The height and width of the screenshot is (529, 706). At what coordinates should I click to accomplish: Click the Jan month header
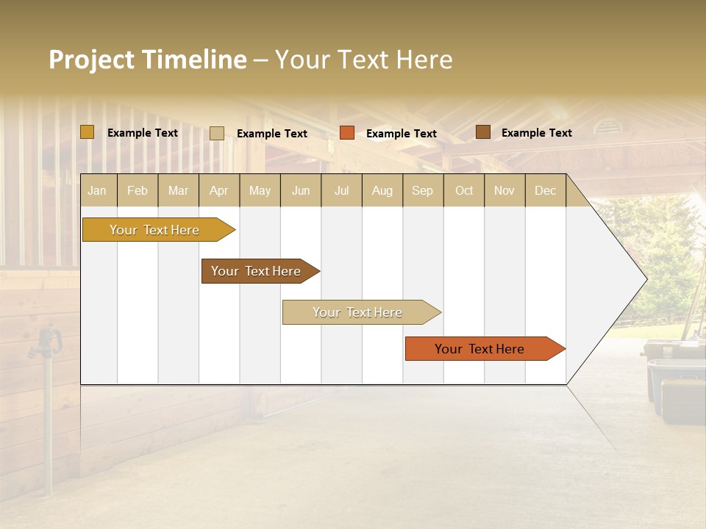pyautogui.click(x=97, y=191)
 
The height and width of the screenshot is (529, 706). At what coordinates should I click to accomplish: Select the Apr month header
pyautogui.click(x=218, y=191)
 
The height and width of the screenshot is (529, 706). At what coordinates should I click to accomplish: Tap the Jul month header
pyautogui.click(x=341, y=191)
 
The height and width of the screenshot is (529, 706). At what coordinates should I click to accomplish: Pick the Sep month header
pyautogui.click(x=422, y=191)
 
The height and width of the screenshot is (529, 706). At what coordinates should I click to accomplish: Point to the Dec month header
pyautogui.click(x=545, y=191)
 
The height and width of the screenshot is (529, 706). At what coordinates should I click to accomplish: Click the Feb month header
pyautogui.click(x=138, y=191)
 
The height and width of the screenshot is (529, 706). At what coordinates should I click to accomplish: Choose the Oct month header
pyautogui.click(x=464, y=191)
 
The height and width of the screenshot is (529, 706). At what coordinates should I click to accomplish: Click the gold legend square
pyautogui.click(x=88, y=132)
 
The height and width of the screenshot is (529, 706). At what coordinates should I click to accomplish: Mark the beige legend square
pyautogui.click(x=217, y=133)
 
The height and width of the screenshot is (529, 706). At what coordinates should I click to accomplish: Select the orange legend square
pyautogui.click(x=347, y=133)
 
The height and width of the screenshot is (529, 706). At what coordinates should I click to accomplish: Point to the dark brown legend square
pyautogui.click(x=482, y=132)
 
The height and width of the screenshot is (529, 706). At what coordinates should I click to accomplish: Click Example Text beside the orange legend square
pyautogui.click(x=401, y=134)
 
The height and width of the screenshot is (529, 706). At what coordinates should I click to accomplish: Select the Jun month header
pyautogui.click(x=301, y=191)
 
